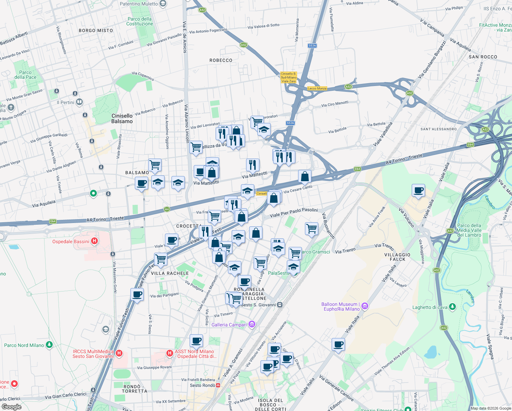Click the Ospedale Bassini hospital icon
(94, 241)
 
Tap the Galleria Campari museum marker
(252, 324)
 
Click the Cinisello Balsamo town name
(122, 119)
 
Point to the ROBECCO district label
(221, 60)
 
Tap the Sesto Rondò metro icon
(218, 385)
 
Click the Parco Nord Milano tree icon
(49, 345)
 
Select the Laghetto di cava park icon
(452, 307)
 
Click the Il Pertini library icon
(79, 102)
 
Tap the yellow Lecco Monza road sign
(317, 88)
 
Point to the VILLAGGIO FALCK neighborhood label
(397, 257)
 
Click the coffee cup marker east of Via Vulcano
(418, 190)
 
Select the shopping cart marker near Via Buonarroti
(311, 228)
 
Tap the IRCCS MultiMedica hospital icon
(119, 353)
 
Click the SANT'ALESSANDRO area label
(438, 129)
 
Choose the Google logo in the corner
(12, 407)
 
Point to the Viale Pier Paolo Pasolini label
(294, 213)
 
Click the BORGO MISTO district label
(96, 30)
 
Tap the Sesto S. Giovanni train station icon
(280, 304)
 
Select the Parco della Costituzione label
(140, 21)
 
